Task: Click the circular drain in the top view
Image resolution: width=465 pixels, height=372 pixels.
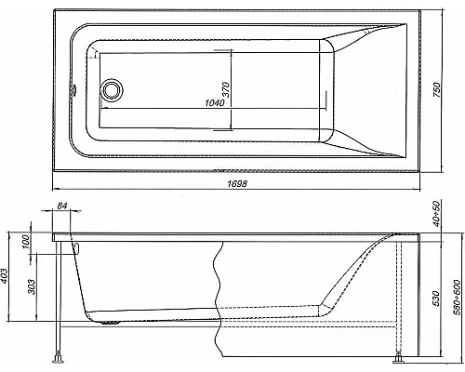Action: pos(112,88)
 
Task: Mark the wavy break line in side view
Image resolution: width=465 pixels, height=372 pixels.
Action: pos(219,298)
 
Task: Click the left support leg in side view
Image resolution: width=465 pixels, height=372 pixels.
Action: pos(59,298)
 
